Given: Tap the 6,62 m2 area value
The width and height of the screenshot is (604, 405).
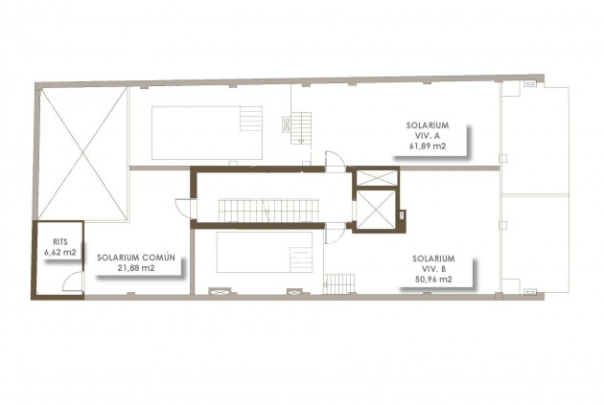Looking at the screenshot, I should [59, 253].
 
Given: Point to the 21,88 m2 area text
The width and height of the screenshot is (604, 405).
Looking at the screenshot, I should [136, 269].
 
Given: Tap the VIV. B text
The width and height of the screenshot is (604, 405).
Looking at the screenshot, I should [433, 269].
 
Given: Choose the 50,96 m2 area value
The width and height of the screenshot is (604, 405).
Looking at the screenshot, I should [433, 280].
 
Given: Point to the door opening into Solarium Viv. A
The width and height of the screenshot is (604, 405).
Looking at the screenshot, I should [334, 162].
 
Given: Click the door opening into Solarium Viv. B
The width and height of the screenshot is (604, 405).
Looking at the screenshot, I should [334, 233].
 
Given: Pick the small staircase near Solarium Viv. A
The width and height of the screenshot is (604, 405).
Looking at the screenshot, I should [302, 126].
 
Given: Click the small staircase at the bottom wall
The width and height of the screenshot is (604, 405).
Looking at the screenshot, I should [337, 283].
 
